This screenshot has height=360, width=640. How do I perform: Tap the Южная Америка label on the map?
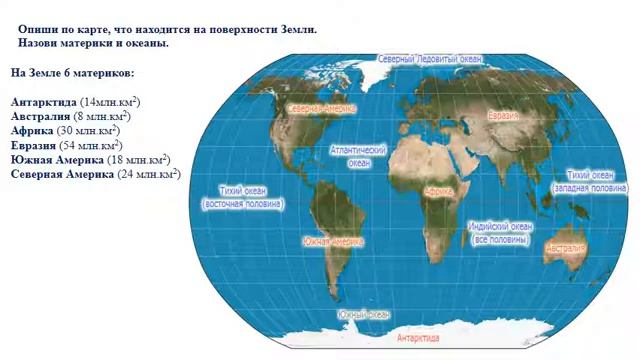(x=334, y=241)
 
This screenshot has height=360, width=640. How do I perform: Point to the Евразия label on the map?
(x=503, y=117)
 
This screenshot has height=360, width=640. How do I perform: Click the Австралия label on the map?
(x=565, y=247)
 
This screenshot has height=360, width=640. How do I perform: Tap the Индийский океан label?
(x=501, y=233)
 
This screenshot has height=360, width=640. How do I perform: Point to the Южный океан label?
(x=364, y=315)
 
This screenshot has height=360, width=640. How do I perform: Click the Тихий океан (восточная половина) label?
(x=242, y=197)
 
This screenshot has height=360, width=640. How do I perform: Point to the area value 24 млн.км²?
(x=148, y=173)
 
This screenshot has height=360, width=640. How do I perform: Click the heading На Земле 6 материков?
(x=72, y=73)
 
